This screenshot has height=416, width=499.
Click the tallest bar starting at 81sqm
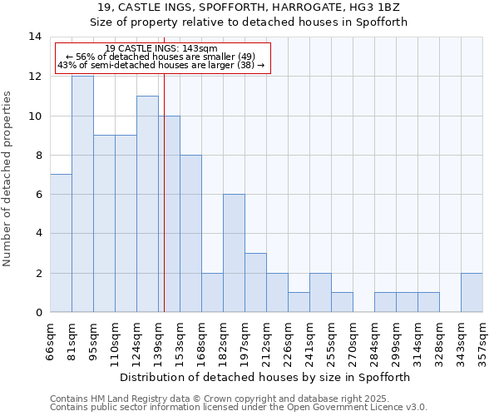pos(82,194)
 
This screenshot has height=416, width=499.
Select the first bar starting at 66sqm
pos(61,243)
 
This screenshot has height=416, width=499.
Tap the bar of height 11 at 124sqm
pos(147,204)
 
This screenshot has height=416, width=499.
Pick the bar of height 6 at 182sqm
pos(234,253)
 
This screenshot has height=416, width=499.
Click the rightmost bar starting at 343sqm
pos(472,292)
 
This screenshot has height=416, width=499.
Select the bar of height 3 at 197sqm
pos(255,283)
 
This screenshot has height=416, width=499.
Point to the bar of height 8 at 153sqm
pos(190,234)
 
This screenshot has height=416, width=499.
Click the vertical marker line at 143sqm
pos(165,208)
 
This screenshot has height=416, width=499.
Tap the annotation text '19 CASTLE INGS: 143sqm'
pos(162,49)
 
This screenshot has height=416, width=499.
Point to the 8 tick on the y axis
pos(37,155)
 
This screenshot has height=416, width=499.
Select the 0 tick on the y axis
pos(37,312)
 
